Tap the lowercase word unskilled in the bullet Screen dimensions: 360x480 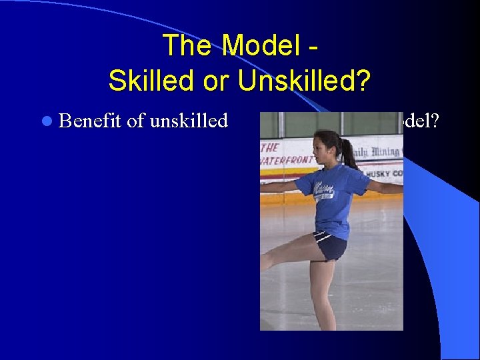(189, 121)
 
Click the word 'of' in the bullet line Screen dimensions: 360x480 (135, 121)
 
